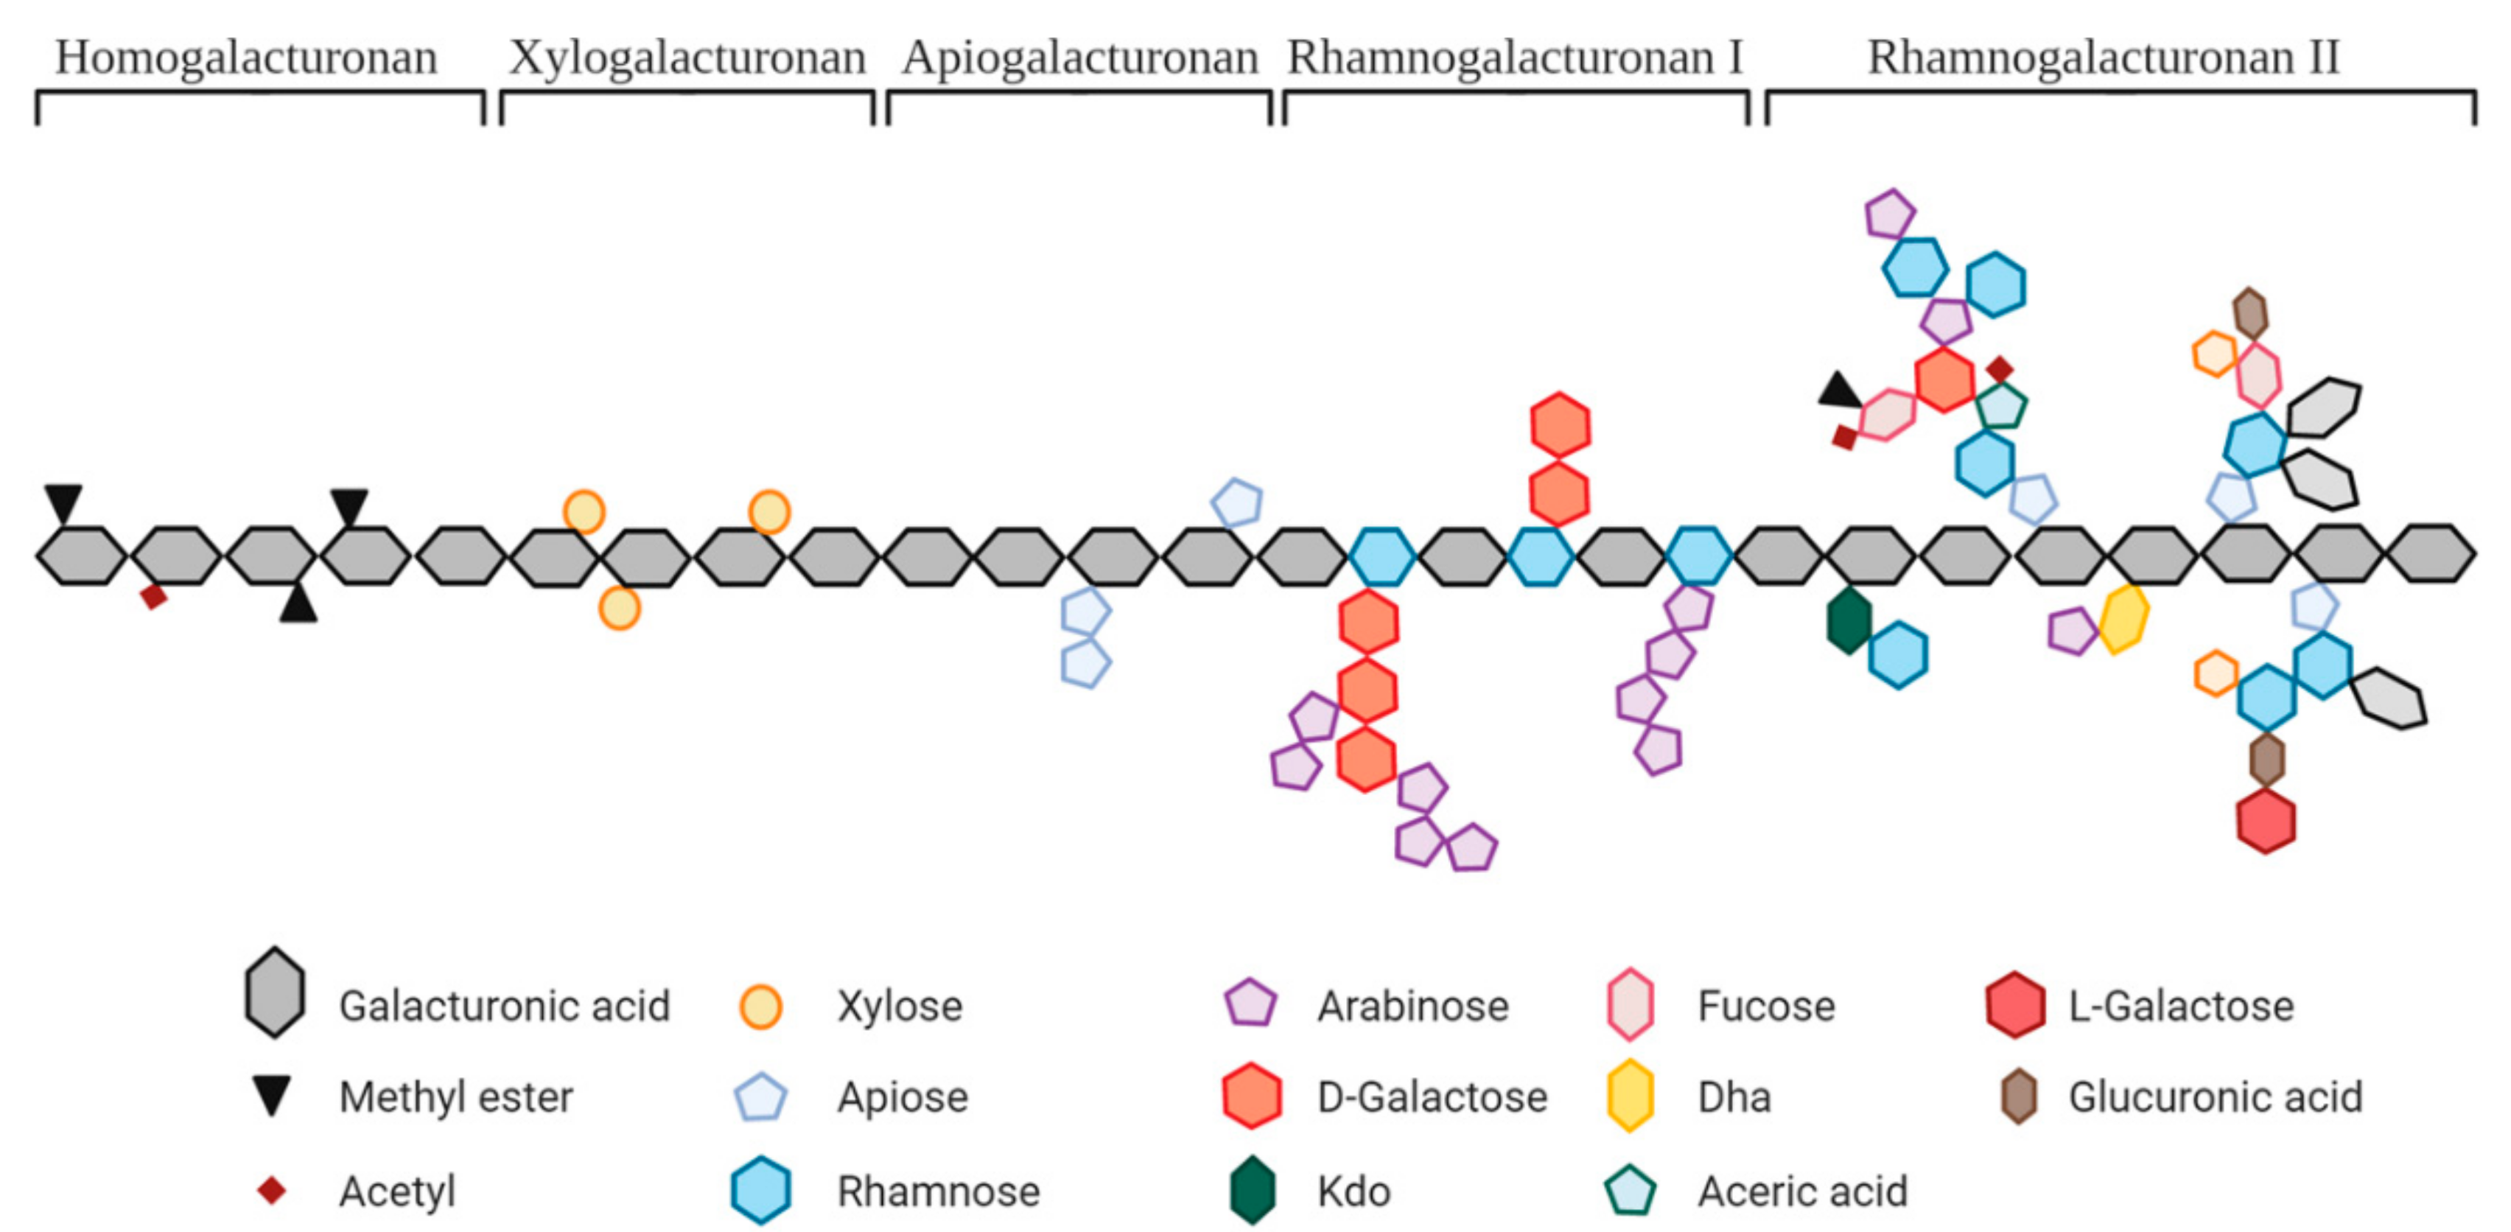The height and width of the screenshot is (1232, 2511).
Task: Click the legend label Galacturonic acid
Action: click(x=504, y=1006)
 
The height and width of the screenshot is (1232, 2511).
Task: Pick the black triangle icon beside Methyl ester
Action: click(x=271, y=1096)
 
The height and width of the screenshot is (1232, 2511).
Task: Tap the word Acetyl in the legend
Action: click(x=396, y=1191)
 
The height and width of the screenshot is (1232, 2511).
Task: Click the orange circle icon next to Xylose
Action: click(x=760, y=1007)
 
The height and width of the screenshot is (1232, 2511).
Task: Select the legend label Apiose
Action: click(x=903, y=1097)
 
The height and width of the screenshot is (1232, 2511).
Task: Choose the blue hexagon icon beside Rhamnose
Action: click(x=760, y=1190)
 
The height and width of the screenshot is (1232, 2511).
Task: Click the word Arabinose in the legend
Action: click(x=1412, y=1006)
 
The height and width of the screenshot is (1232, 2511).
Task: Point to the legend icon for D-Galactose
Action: click(x=1252, y=1096)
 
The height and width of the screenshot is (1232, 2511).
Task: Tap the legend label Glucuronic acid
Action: click(x=2215, y=1097)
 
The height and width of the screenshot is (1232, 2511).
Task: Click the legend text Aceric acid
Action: click(x=1802, y=1191)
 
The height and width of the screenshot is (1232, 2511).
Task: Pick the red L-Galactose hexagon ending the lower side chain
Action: click(x=2266, y=821)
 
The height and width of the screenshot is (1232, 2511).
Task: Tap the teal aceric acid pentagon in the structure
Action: click(x=2001, y=405)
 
